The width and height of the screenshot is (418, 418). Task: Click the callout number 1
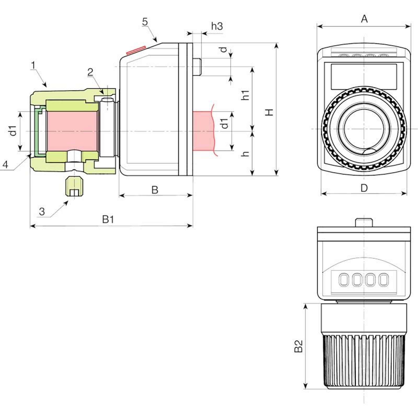tap(33, 65)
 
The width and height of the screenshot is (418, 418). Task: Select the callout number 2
tap(90, 72)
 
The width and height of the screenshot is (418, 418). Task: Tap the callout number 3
tap(42, 211)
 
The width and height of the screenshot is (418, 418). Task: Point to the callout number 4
tap(5, 164)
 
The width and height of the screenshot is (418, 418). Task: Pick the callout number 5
tap(145, 22)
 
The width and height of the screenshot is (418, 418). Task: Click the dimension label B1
tap(108, 219)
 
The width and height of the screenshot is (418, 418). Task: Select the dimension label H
tap(269, 112)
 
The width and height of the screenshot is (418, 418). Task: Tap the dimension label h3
tap(217, 26)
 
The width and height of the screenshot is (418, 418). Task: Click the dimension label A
tap(364, 19)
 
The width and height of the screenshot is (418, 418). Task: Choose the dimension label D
tap(364, 188)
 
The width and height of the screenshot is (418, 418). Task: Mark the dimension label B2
tap(298, 346)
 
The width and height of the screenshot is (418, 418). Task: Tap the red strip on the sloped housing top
tap(136, 50)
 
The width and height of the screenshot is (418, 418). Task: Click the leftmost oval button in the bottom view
tap(344, 280)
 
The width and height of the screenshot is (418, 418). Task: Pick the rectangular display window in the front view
tap(364, 76)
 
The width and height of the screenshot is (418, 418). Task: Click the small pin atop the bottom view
tap(364, 222)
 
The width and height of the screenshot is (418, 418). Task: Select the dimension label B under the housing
tap(155, 190)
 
